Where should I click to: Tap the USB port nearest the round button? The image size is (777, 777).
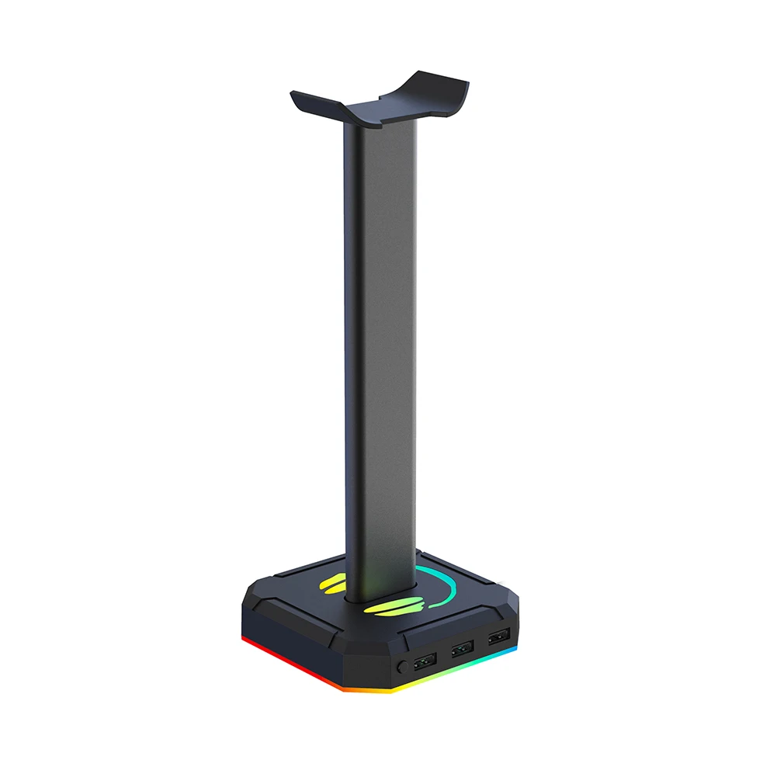coord(425,663)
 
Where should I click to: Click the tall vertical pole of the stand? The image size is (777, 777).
coord(380,349)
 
